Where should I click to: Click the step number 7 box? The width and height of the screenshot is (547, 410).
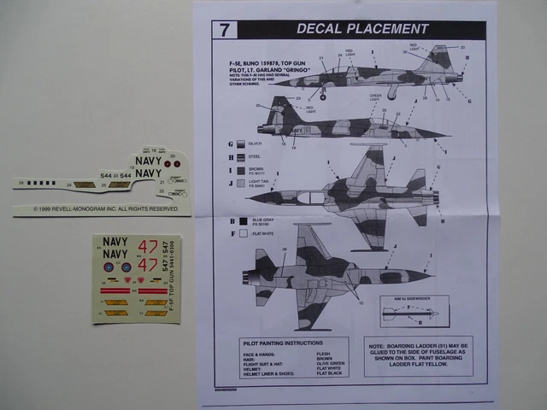[224, 29]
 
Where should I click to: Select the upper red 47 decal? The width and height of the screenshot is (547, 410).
[147, 247]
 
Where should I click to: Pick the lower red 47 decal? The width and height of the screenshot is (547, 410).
[147, 265]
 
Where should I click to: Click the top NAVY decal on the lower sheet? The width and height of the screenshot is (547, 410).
[115, 243]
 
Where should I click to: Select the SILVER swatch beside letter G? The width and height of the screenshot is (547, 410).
[242, 144]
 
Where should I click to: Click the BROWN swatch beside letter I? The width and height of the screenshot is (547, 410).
[242, 170]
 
